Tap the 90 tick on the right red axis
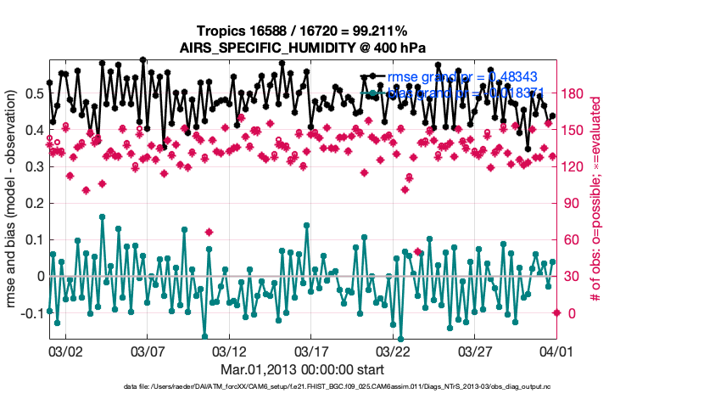click(x=570, y=204)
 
